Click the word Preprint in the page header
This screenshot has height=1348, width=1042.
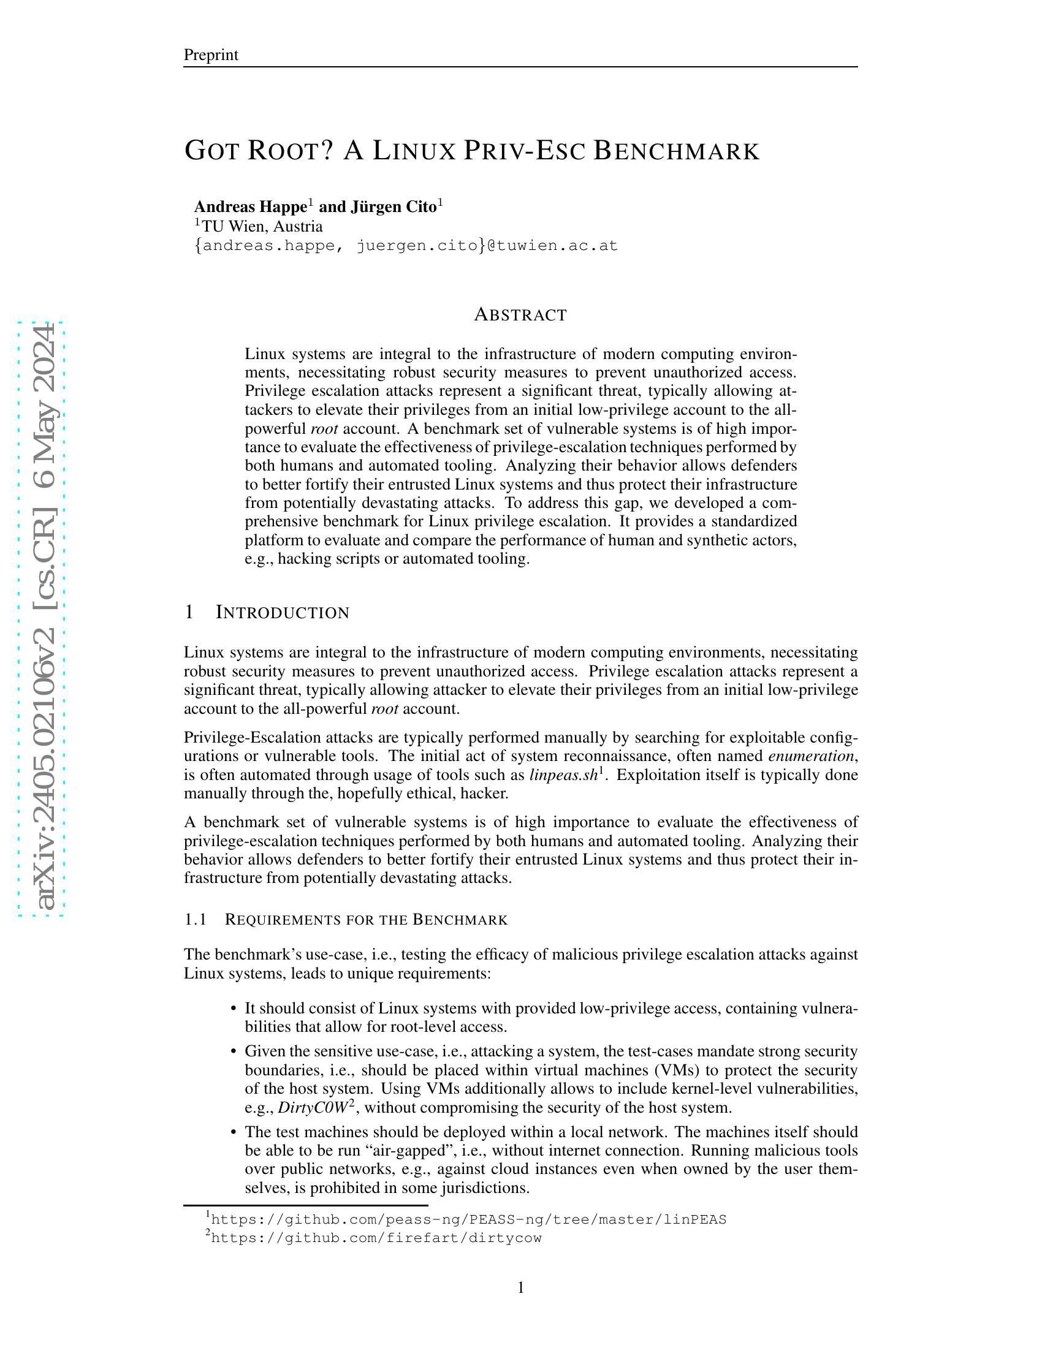tap(210, 55)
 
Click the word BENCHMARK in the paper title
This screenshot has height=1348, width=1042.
tap(676, 151)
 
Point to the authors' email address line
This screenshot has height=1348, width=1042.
tap(406, 246)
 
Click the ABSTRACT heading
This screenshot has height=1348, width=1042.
tap(520, 315)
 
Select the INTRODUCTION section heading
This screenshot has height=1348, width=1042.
tap(282, 613)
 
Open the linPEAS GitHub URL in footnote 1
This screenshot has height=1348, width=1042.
tap(468, 1219)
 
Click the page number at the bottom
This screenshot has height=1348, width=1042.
tap(520, 1287)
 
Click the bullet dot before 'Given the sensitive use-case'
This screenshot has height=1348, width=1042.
tap(234, 1051)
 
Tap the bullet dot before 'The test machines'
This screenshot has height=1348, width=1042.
tap(234, 1132)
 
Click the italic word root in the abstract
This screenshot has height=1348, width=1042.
tap(324, 429)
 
